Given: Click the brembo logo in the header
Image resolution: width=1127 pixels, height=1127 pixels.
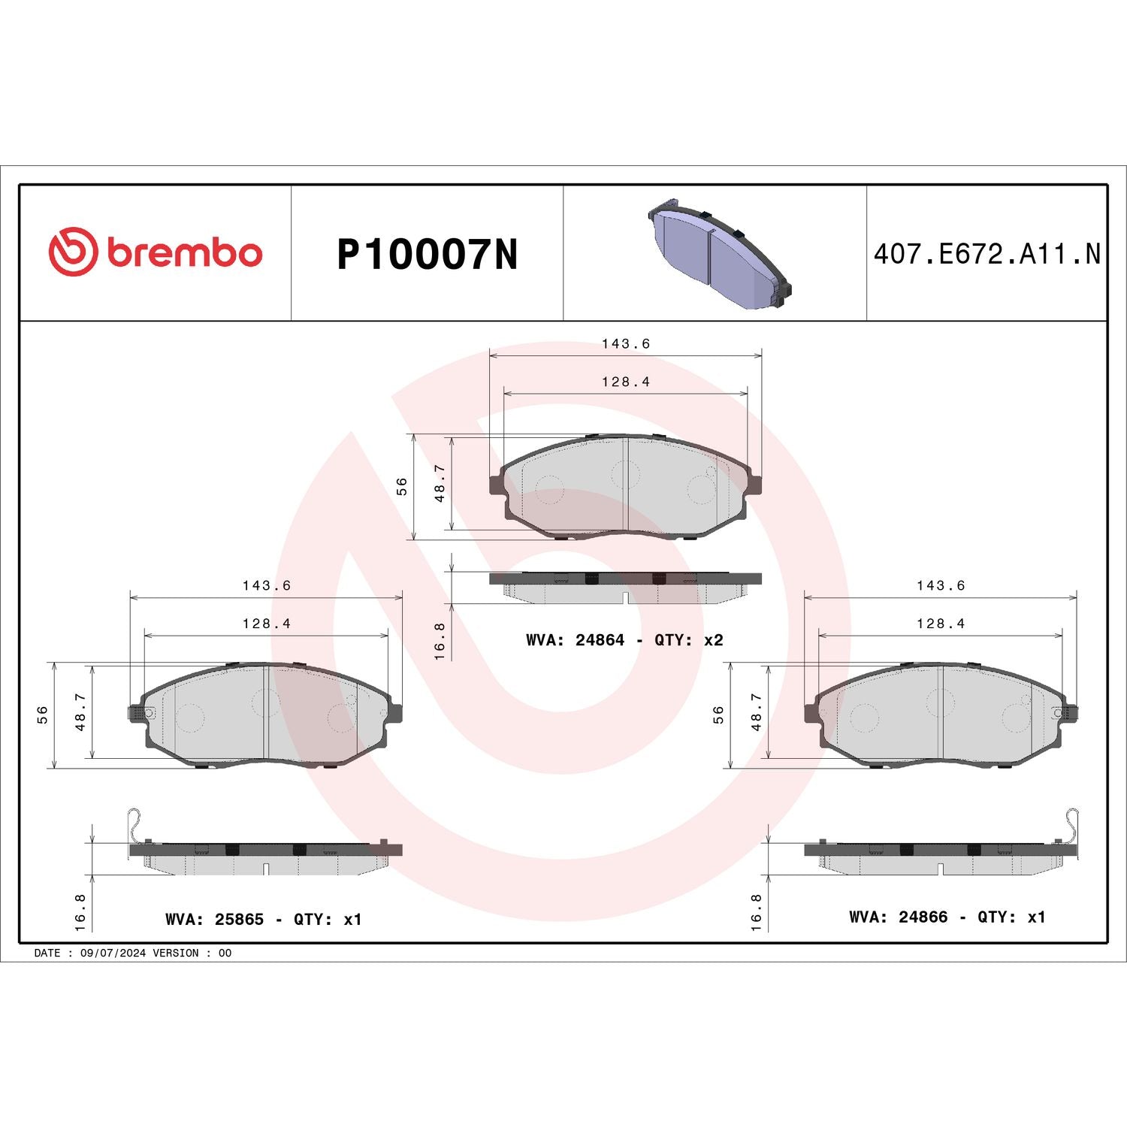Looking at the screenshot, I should click(156, 252).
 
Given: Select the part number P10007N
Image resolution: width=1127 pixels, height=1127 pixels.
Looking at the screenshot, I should click(427, 255).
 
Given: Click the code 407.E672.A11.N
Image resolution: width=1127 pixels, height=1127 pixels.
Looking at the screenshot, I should click(987, 255).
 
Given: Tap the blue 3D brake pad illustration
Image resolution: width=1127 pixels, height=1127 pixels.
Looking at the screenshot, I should click(718, 252).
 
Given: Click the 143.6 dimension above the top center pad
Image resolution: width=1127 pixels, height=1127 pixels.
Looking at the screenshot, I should click(625, 343).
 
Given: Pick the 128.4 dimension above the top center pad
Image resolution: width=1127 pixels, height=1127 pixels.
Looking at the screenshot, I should click(625, 382).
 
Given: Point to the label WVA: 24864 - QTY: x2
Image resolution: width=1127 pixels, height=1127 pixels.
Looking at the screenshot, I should click(624, 640).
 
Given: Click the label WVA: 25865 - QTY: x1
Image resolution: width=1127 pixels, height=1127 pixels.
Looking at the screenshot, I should click(263, 920).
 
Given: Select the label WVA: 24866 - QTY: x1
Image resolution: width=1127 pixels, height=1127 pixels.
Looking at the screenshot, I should click(947, 917).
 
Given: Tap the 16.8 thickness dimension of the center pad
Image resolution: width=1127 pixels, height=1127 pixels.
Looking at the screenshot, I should click(440, 641).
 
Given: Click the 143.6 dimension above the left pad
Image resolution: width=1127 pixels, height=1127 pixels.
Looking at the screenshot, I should click(266, 585).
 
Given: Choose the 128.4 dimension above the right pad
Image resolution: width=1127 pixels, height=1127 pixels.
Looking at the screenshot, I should click(940, 624).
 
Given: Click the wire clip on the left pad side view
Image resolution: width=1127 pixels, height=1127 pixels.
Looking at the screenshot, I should click(134, 823).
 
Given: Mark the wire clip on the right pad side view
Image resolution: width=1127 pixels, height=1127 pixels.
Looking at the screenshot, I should click(1073, 823).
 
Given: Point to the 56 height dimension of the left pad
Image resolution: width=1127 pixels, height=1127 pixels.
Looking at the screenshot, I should click(43, 715).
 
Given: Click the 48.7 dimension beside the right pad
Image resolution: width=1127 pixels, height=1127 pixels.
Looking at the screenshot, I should click(757, 712).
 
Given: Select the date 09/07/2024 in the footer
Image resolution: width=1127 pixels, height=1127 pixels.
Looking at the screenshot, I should click(113, 953).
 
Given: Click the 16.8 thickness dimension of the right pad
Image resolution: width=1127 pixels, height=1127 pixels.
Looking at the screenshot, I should click(756, 912).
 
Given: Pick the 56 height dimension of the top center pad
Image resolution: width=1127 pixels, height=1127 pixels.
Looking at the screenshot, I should click(402, 486).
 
